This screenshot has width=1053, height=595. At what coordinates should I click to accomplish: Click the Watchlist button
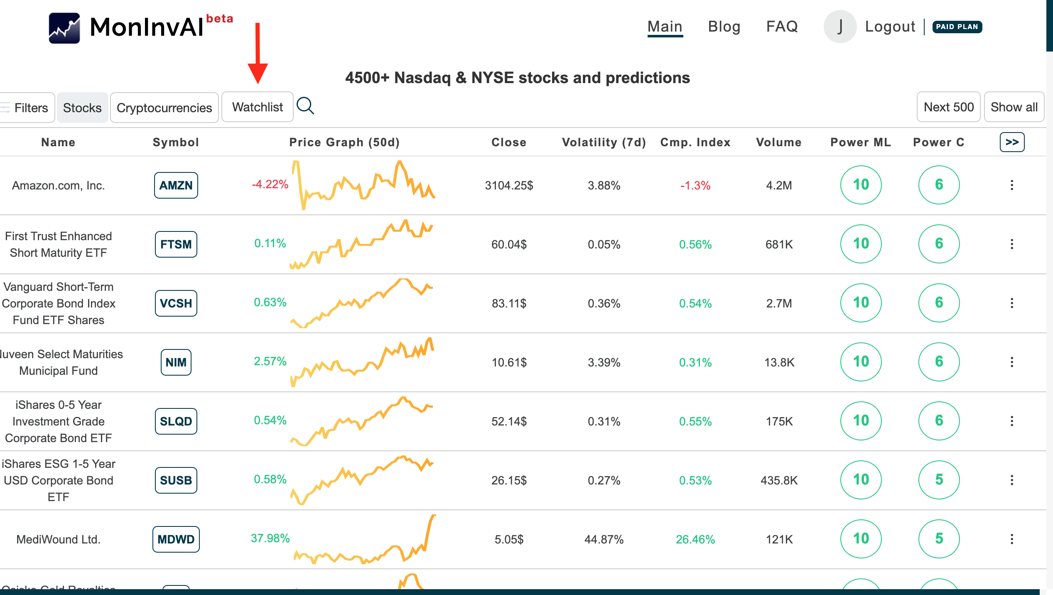[257, 107]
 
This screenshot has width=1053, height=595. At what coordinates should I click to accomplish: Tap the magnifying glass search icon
[305, 106]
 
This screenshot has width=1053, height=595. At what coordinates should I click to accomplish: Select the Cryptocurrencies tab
[164, 108]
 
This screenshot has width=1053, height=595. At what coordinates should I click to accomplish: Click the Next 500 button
[948, 107]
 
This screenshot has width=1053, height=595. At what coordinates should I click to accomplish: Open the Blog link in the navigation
[724, 27]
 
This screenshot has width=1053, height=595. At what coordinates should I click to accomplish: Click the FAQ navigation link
[782, 27]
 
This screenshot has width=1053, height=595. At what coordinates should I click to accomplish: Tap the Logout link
[890, 27]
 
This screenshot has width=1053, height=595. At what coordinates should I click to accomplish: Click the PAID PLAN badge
[957, 27]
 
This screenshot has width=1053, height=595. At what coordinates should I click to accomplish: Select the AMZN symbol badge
[176, 185]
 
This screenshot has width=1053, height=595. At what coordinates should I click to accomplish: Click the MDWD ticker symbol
[176, 539]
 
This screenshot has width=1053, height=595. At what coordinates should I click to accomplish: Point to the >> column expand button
[1012, 142]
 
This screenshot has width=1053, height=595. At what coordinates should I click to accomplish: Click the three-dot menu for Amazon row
[1012, 185]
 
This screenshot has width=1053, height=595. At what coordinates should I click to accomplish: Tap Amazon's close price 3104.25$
[509, 185]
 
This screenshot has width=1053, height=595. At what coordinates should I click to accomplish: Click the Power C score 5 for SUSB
[939, 479]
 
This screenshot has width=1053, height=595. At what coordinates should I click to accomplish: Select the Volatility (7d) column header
[604, 142]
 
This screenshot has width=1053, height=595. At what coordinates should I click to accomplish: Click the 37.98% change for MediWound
[270, 538]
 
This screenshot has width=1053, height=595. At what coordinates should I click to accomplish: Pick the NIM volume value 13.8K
[779, 362]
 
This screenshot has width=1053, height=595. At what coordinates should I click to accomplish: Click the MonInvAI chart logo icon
[64, 28]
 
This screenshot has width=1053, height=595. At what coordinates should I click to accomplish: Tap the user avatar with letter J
[839, 27]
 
